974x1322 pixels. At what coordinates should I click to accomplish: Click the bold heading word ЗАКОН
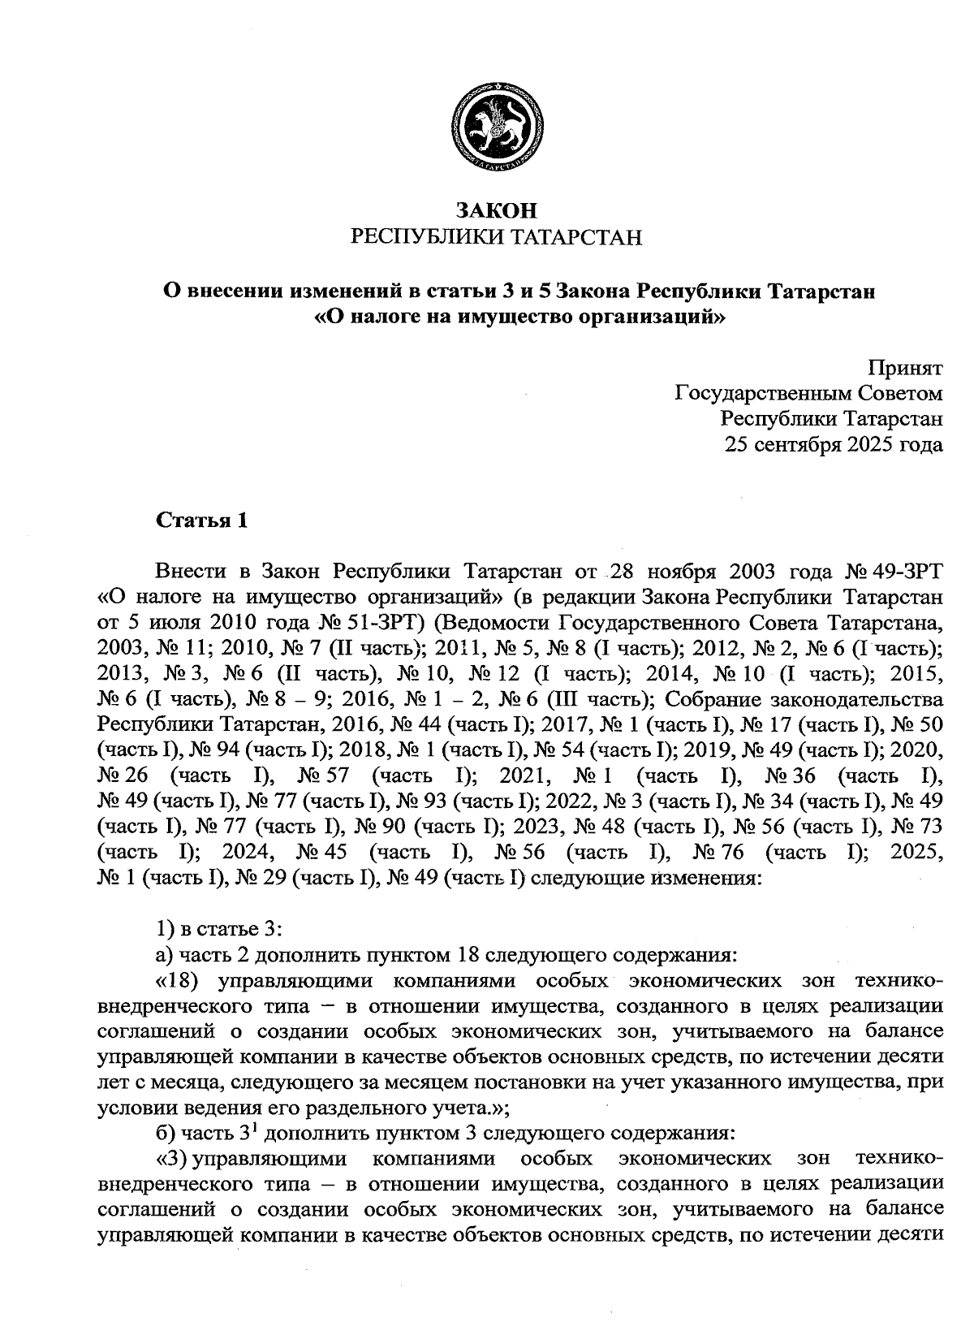click(x=496, y=211)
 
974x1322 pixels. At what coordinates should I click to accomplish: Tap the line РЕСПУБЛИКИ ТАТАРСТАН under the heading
click(x=496, y=238)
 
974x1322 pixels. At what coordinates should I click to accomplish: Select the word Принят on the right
click(x=905, y=368)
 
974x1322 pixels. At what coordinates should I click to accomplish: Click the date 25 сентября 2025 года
click(x=834, y=444)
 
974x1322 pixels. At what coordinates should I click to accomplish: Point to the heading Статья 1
click(x=201, y=521)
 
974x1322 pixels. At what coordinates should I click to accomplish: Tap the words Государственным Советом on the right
click(x=808, y=394)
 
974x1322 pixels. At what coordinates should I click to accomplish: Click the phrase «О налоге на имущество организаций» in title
click(x=518, y=317)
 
